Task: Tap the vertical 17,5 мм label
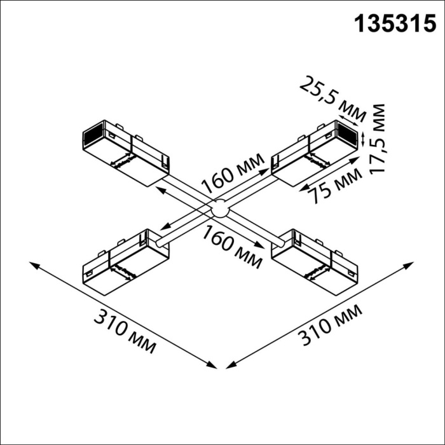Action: (380, 139)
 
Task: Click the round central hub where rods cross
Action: (219, 208)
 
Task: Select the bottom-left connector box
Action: (126, 262)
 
